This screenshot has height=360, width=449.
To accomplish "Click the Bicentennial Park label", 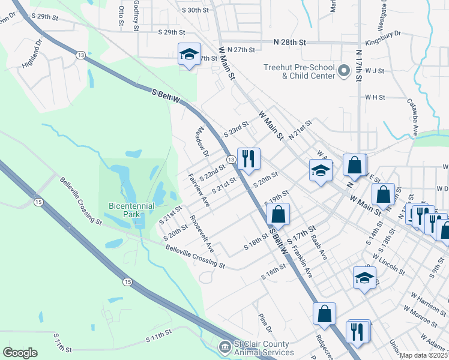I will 131,210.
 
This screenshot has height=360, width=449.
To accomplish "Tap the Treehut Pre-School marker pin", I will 344,72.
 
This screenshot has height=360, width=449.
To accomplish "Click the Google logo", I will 20,353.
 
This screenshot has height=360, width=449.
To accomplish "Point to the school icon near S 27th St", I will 188,55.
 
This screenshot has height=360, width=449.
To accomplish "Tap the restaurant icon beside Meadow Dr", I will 249,159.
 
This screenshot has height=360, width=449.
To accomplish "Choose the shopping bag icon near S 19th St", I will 279,214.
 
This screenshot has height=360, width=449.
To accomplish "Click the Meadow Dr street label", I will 202,142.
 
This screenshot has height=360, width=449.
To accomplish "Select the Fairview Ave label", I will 199,191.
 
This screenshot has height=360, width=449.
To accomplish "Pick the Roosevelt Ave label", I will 202,233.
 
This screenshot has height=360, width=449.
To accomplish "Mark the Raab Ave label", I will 319,245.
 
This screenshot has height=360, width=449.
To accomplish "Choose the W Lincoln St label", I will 388,263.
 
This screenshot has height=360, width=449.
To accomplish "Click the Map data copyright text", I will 424,355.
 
